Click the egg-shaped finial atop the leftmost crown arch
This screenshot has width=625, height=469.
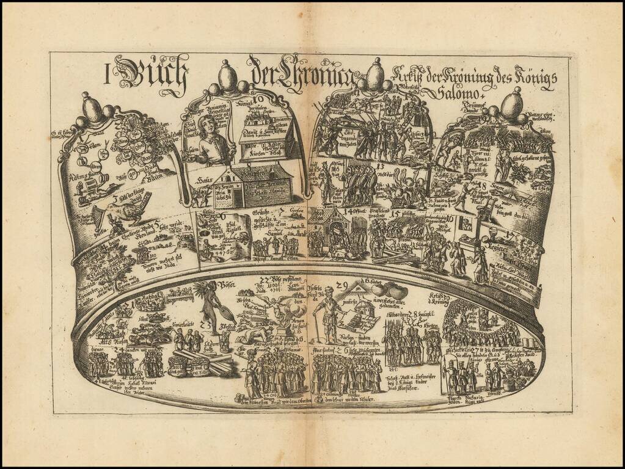(x=93, y=110)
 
